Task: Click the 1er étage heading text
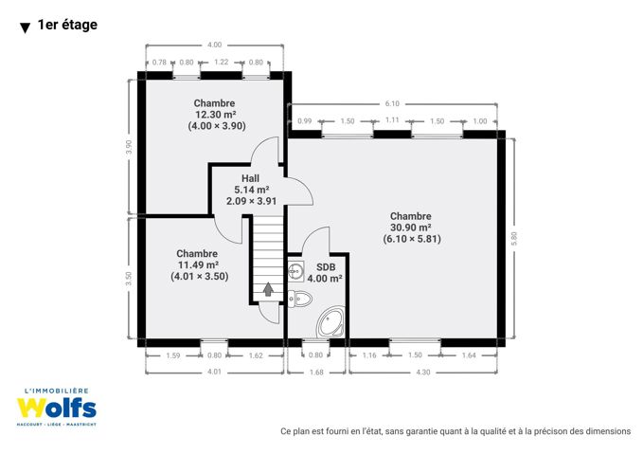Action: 67,25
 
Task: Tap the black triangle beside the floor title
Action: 25,27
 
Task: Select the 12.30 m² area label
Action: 215,115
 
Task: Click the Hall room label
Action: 250,178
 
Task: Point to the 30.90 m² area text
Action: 410,227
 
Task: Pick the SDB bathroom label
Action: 326,267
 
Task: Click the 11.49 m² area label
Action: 198,264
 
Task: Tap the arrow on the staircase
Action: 268,289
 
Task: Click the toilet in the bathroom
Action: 300,299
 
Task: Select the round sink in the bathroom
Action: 295,271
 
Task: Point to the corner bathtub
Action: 330,322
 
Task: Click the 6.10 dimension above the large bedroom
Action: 392,104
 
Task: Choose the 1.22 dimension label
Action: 221,62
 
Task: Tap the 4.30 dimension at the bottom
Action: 423,373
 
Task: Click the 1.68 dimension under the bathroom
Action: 316,373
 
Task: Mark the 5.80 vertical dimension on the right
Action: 514,239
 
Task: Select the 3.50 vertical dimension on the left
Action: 129,279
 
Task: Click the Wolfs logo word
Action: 57,408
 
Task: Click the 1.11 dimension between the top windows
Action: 392,119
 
